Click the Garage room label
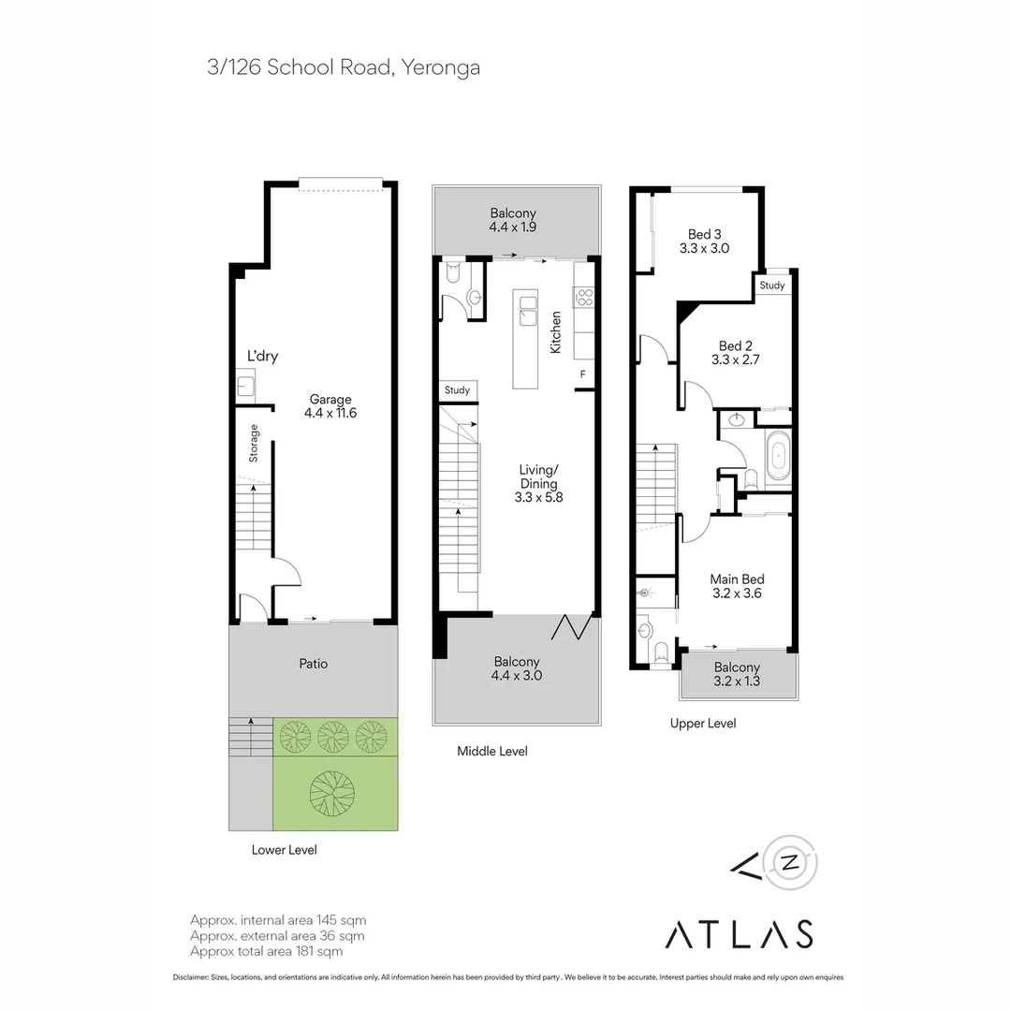click(330, 406)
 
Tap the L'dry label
click(262, 356)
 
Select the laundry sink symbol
click(245, 386)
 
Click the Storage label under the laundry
click(254, 443)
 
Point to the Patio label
click(314, 664)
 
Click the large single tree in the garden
click(332, 794)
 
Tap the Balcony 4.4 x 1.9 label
click(513, 220)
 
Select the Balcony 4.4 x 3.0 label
click(517, 668)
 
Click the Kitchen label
click(555, 332)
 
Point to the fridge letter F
click(583, 374)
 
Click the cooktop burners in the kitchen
click(584, 298)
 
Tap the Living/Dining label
click(538, 484)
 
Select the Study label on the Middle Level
click(457, 390)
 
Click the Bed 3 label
click(704, 242)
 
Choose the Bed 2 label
click(736, 353)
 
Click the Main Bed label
click(737, 586)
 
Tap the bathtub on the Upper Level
click(778, 456)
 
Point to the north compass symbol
click(790, 863)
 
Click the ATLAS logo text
click(739, 934)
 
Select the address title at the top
click(344, 67)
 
